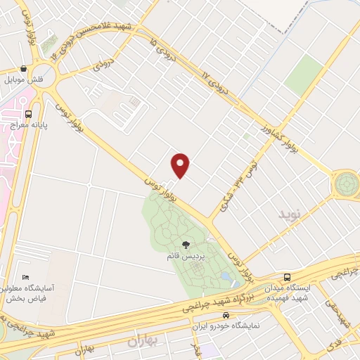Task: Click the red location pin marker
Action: click(181, 166)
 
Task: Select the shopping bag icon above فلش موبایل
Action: click(25, 69)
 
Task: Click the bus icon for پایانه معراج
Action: click(29, 113)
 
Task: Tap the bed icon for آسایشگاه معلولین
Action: click(26, 276)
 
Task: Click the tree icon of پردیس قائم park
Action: click(186, 245)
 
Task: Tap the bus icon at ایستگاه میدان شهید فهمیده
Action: click(287, 277)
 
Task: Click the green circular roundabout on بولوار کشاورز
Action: click(346, 184)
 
